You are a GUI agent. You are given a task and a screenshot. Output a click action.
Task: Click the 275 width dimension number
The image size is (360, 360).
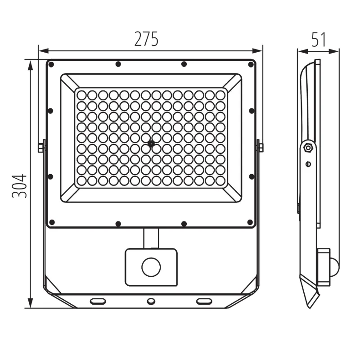[146, 39]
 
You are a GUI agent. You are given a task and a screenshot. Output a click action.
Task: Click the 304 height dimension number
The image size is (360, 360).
[19, 186]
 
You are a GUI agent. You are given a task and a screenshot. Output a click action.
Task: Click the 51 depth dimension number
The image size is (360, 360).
[319, 40]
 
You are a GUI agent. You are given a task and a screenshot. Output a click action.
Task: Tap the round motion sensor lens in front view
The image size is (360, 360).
[151, 267]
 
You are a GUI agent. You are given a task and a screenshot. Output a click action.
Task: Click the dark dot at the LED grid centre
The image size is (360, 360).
[151, 144]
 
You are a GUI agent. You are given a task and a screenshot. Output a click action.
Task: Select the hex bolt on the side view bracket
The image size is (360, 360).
[308, 148]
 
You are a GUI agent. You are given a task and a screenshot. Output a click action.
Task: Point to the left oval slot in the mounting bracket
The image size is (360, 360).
[98, 301]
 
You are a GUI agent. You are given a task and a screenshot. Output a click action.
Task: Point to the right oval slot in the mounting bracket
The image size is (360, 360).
[204, 301]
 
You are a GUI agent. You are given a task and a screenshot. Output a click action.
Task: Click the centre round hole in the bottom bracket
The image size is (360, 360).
[151, 301]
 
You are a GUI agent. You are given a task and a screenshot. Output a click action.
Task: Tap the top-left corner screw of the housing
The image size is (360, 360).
[51, 64]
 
